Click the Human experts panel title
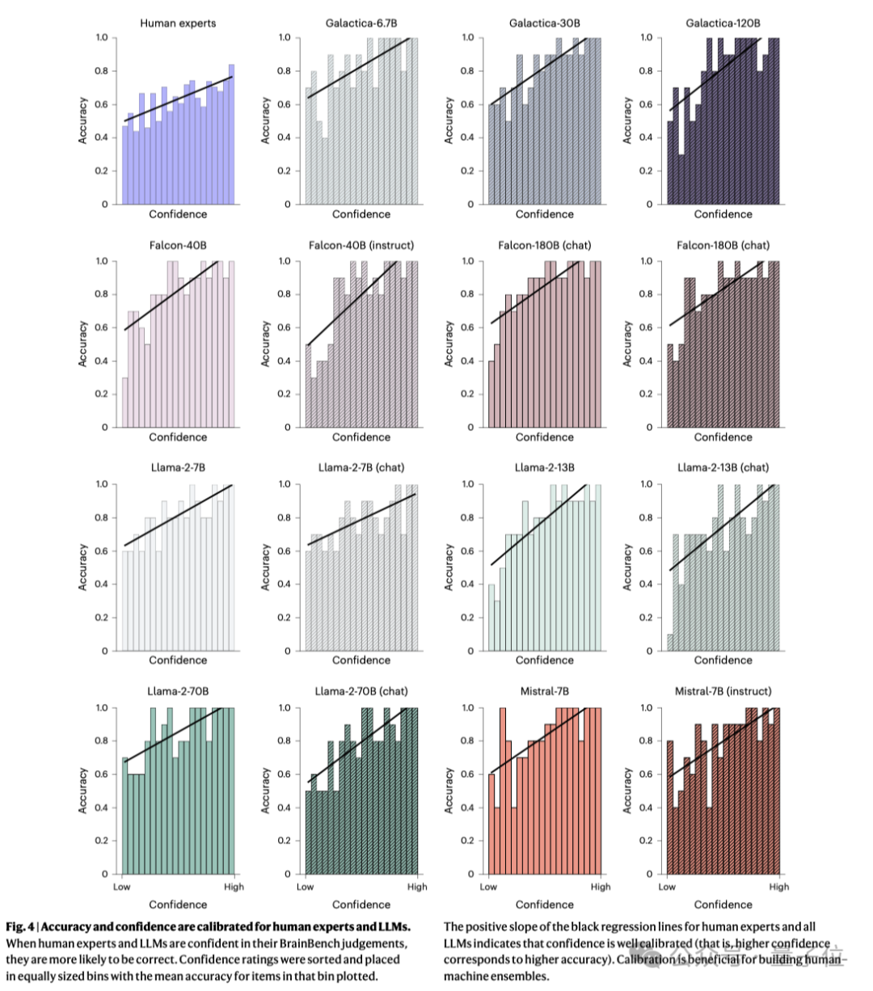coord(177,23)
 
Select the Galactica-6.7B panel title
coord(361,23)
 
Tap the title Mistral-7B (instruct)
coord(723,691)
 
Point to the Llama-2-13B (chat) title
coord(723,467)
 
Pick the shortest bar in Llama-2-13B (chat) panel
coord(670,642)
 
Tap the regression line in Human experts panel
coord(178,99)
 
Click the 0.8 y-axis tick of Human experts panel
coord(101,71)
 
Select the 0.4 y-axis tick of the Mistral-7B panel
coord(468,808)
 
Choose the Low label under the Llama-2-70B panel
coord(121,887)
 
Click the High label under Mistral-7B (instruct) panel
coord(779,887)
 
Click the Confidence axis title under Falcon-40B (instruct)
coord(361,437)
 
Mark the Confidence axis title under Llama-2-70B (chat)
coord(361,905)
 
